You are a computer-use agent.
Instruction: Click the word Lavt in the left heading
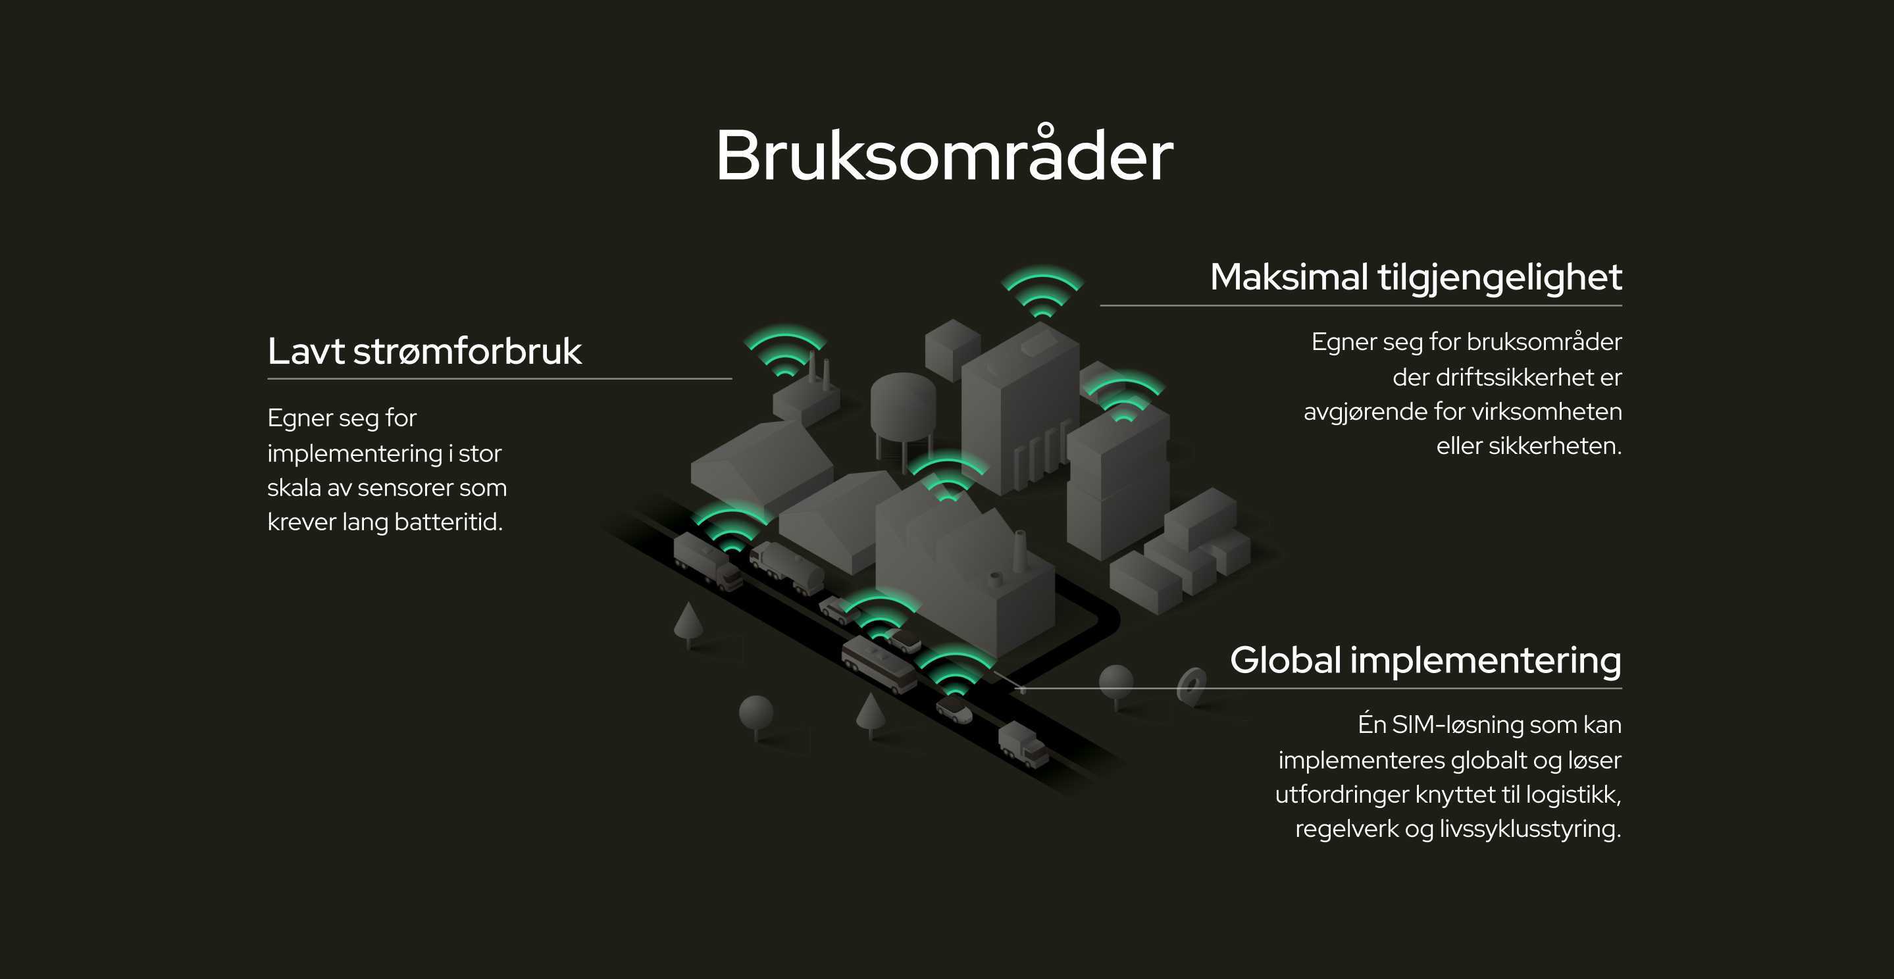pyautogui.click(x=306, y=351)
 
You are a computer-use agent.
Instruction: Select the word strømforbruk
pyautogui.click(x=468, y=351)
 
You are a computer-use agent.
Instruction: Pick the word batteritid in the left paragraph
pyautogui.click(x=446, y=522)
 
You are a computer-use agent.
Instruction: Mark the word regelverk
pyautogui.click(x=1347, y=829)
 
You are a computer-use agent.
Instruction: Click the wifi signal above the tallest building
pyautogui.click(x=1042, y=291)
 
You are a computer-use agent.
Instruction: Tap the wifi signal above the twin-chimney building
pyautogui.click(x=785, y=351)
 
